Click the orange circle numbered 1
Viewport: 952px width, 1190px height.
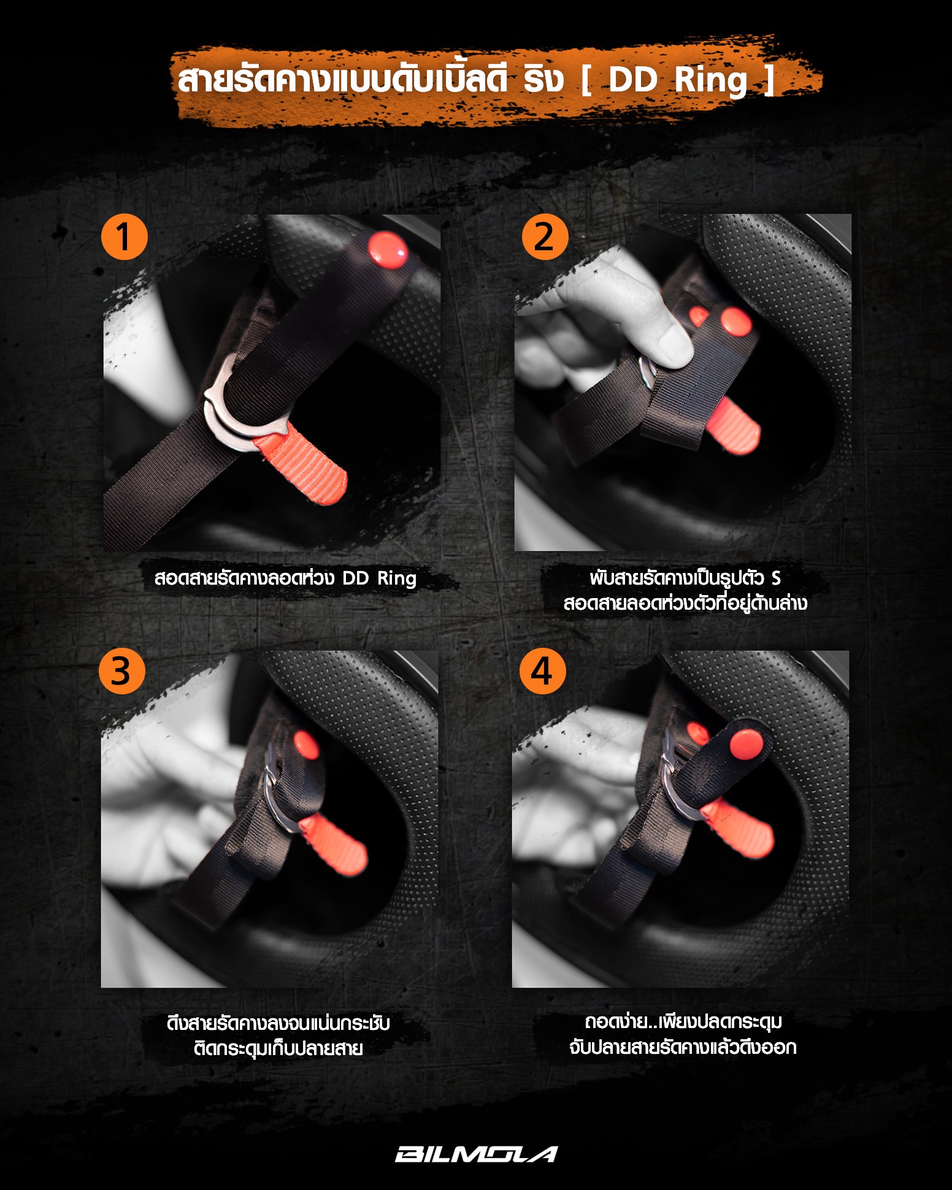(125, 237)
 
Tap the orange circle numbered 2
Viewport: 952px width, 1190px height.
(545, 237)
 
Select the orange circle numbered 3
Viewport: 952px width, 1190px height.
(122, 671)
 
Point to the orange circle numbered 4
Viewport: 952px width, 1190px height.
(542, 671)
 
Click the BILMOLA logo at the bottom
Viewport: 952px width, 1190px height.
(476, 1154)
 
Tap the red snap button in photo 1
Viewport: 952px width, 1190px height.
(387, 250)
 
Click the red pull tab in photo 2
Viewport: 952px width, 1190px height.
(734, 424)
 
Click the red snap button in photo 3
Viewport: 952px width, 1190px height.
(306, 747)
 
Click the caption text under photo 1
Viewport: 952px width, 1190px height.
(285, 578)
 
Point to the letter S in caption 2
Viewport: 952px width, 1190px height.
(776, 578)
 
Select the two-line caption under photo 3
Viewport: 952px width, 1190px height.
(278, 1035)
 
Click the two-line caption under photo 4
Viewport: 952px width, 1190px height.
(683, 1034)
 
